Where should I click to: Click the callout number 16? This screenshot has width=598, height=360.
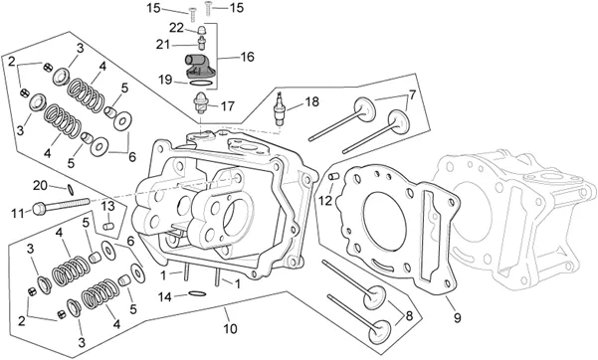247,57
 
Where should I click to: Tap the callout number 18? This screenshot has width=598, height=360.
312,101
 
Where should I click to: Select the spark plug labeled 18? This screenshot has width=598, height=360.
281,108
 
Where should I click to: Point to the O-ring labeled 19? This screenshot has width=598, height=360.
200,83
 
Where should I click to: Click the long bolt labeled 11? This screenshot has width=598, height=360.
61,205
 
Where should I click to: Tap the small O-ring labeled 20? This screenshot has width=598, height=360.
71,188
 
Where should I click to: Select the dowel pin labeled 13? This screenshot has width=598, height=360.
108,226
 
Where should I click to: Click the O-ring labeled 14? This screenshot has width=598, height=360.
197,293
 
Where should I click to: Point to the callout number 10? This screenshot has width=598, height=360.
231,329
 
